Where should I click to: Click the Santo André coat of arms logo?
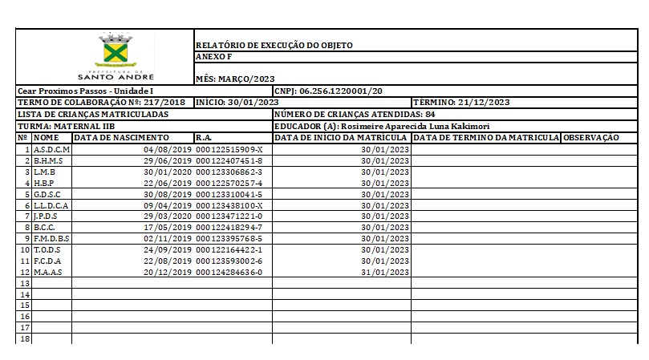click(112, 50)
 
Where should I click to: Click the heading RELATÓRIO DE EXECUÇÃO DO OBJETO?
click(274, 46)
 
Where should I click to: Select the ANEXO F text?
click(213, 57)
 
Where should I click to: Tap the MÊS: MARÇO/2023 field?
click(236, 79)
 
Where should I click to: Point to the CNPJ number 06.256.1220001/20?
click(340, 91)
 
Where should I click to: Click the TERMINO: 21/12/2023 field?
click(461, 103)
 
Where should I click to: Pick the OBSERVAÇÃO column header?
click(590, 138)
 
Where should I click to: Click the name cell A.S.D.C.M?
click(52, 150)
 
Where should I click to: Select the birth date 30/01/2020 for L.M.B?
click(168, 172)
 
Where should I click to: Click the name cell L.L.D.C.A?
click(51, 205)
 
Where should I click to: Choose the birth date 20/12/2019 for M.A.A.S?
click(168, 272)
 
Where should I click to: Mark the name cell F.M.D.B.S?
click(52, 238)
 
